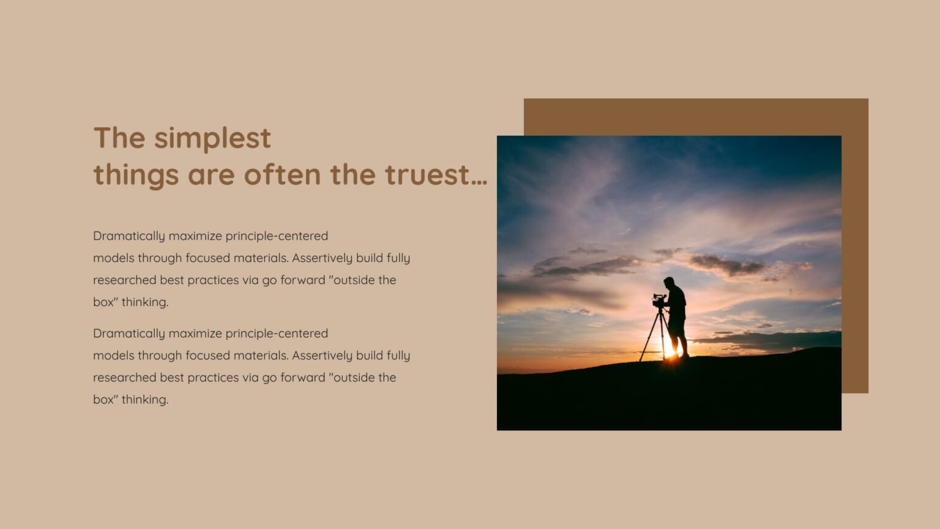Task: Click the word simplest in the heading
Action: click(x=212, y=138)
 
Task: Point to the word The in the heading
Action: click(x=119, y=138)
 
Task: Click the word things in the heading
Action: click(x=136, y=176)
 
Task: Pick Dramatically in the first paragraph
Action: click(x=129, y=236)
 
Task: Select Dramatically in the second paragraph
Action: click(x=129, y=334)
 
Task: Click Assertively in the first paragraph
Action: click(x=322, y=258)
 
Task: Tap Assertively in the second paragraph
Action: click(x=322, y=356)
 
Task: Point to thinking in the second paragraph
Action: click(x=144, y=400)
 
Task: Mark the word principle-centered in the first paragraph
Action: click(x=277, y=236)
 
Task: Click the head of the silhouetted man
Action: click(x=669, y=283)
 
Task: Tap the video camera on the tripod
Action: click(x=658, y=301)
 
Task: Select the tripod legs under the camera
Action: click(x=654, y=336)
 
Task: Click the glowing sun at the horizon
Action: click(x=669, y=355)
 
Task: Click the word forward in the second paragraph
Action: click(x=302, y=378)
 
